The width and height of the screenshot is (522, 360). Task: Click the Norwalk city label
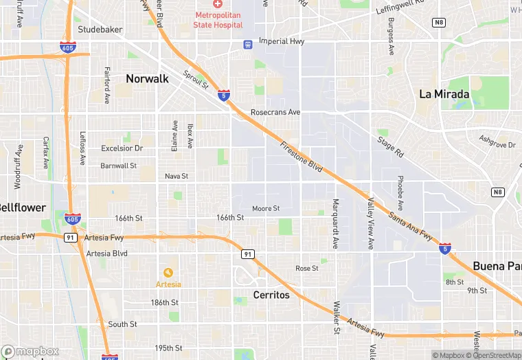point(147,79)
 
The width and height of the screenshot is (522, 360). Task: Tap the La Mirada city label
point(444,95)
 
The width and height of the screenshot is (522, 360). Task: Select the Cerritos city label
point(271,295)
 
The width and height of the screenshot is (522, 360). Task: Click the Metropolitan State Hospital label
point(219,20)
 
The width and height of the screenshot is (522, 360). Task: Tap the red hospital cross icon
point(218,5)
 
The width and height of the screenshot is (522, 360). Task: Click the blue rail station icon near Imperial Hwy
point(248,44)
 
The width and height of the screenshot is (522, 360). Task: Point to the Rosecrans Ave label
point(275,112)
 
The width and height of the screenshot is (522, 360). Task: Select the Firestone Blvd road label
point(301,157)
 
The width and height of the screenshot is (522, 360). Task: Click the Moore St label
point(266,208)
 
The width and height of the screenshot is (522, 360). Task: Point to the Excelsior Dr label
point(122,148)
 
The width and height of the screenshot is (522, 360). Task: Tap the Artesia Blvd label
point(107,254)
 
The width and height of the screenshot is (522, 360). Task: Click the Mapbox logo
point(30,351)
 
